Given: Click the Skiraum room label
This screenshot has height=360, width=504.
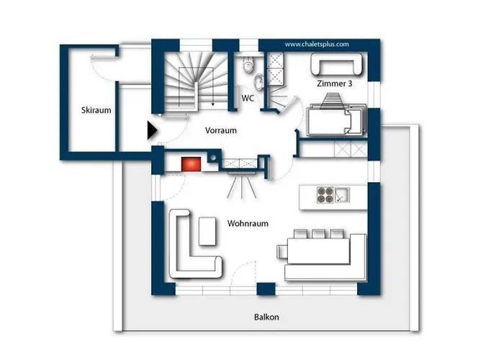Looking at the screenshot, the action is tap(96, 110).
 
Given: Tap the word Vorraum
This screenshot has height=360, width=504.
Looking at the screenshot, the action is tap(221, 130).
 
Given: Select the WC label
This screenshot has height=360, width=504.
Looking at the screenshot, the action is tap(248, 99).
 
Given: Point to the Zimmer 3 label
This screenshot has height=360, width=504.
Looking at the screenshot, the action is tap(335, 84).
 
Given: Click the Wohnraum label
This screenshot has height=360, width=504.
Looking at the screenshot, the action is tap(248, 223).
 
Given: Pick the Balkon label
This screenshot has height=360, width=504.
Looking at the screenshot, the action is tap(266, 318).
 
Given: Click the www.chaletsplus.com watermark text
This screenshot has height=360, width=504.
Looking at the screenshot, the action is tap(317, 45).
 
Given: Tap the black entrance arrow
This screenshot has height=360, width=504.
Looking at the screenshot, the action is tap(152, 130).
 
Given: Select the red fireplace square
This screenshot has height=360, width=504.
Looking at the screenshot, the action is tap(191, 164).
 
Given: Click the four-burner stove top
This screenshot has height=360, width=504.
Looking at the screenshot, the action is tap(325, 195).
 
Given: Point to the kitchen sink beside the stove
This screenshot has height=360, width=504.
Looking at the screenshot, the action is tap(342, 195).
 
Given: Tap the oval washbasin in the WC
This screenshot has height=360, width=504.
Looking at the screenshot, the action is tap(258, 81).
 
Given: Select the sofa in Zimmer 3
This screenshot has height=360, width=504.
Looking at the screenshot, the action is tap(336, 64).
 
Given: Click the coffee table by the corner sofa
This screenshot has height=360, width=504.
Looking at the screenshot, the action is tap(207, 231).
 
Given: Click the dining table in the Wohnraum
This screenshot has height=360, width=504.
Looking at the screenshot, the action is tap(318, 251).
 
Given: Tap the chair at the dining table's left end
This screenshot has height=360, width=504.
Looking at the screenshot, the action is tap(282, 251).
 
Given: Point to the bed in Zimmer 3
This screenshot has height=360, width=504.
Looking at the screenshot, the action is tap(336, 120).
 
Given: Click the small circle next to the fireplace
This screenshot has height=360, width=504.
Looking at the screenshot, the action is tap(212, 158).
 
